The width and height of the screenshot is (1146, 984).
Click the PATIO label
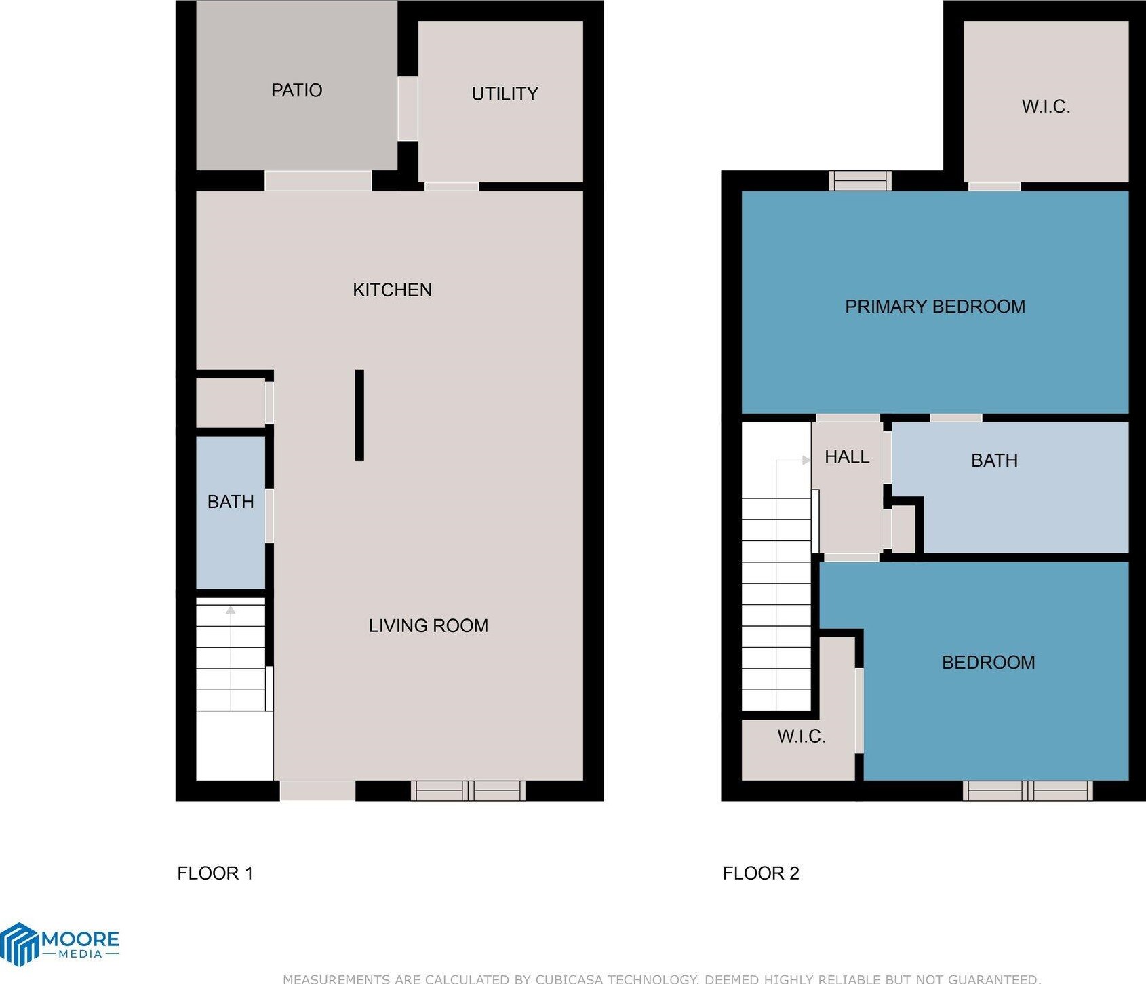296,90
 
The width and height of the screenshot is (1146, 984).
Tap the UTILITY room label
505,94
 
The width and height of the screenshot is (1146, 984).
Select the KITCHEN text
392,290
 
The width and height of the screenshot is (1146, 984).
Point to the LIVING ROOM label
428,625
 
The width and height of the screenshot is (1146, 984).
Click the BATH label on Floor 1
231,502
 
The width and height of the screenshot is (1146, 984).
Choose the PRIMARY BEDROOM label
934,307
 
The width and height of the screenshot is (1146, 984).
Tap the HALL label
847,457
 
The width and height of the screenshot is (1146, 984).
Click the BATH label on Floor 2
994,460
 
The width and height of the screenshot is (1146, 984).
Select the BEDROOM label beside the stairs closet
988,663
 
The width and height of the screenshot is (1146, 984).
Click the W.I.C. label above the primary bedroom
1046,106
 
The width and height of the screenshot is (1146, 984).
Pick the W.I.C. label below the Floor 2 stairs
801,736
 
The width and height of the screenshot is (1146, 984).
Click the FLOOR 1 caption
215,873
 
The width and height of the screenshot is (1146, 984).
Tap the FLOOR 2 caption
761,873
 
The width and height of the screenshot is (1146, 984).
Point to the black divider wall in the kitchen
359,415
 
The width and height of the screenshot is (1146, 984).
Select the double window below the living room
468,791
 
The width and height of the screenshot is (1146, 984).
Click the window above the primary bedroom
860,180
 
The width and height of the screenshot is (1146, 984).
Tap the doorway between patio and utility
408,109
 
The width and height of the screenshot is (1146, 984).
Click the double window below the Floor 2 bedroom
1027,791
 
